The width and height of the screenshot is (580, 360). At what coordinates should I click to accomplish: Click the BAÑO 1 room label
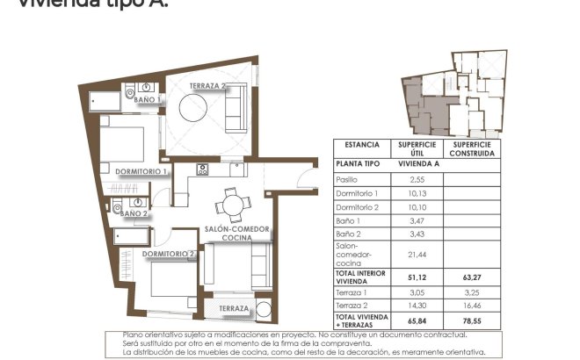click(x=147, y=100)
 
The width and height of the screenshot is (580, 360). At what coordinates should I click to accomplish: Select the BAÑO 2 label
click(x=134, y=213)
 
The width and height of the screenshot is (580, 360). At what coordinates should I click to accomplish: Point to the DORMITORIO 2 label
click(x=168, y=254)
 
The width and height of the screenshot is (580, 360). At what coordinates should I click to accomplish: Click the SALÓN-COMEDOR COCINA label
click(x=231, y=233)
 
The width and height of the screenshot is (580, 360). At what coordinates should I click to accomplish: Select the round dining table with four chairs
click(x=232, y=205)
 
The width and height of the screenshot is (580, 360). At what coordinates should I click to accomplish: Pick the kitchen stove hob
click(x=203, y=169)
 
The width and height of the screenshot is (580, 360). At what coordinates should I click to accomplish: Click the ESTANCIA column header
click(x=361, y=147)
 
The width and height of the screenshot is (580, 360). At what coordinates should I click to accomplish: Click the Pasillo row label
click(x=348, y=178)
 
